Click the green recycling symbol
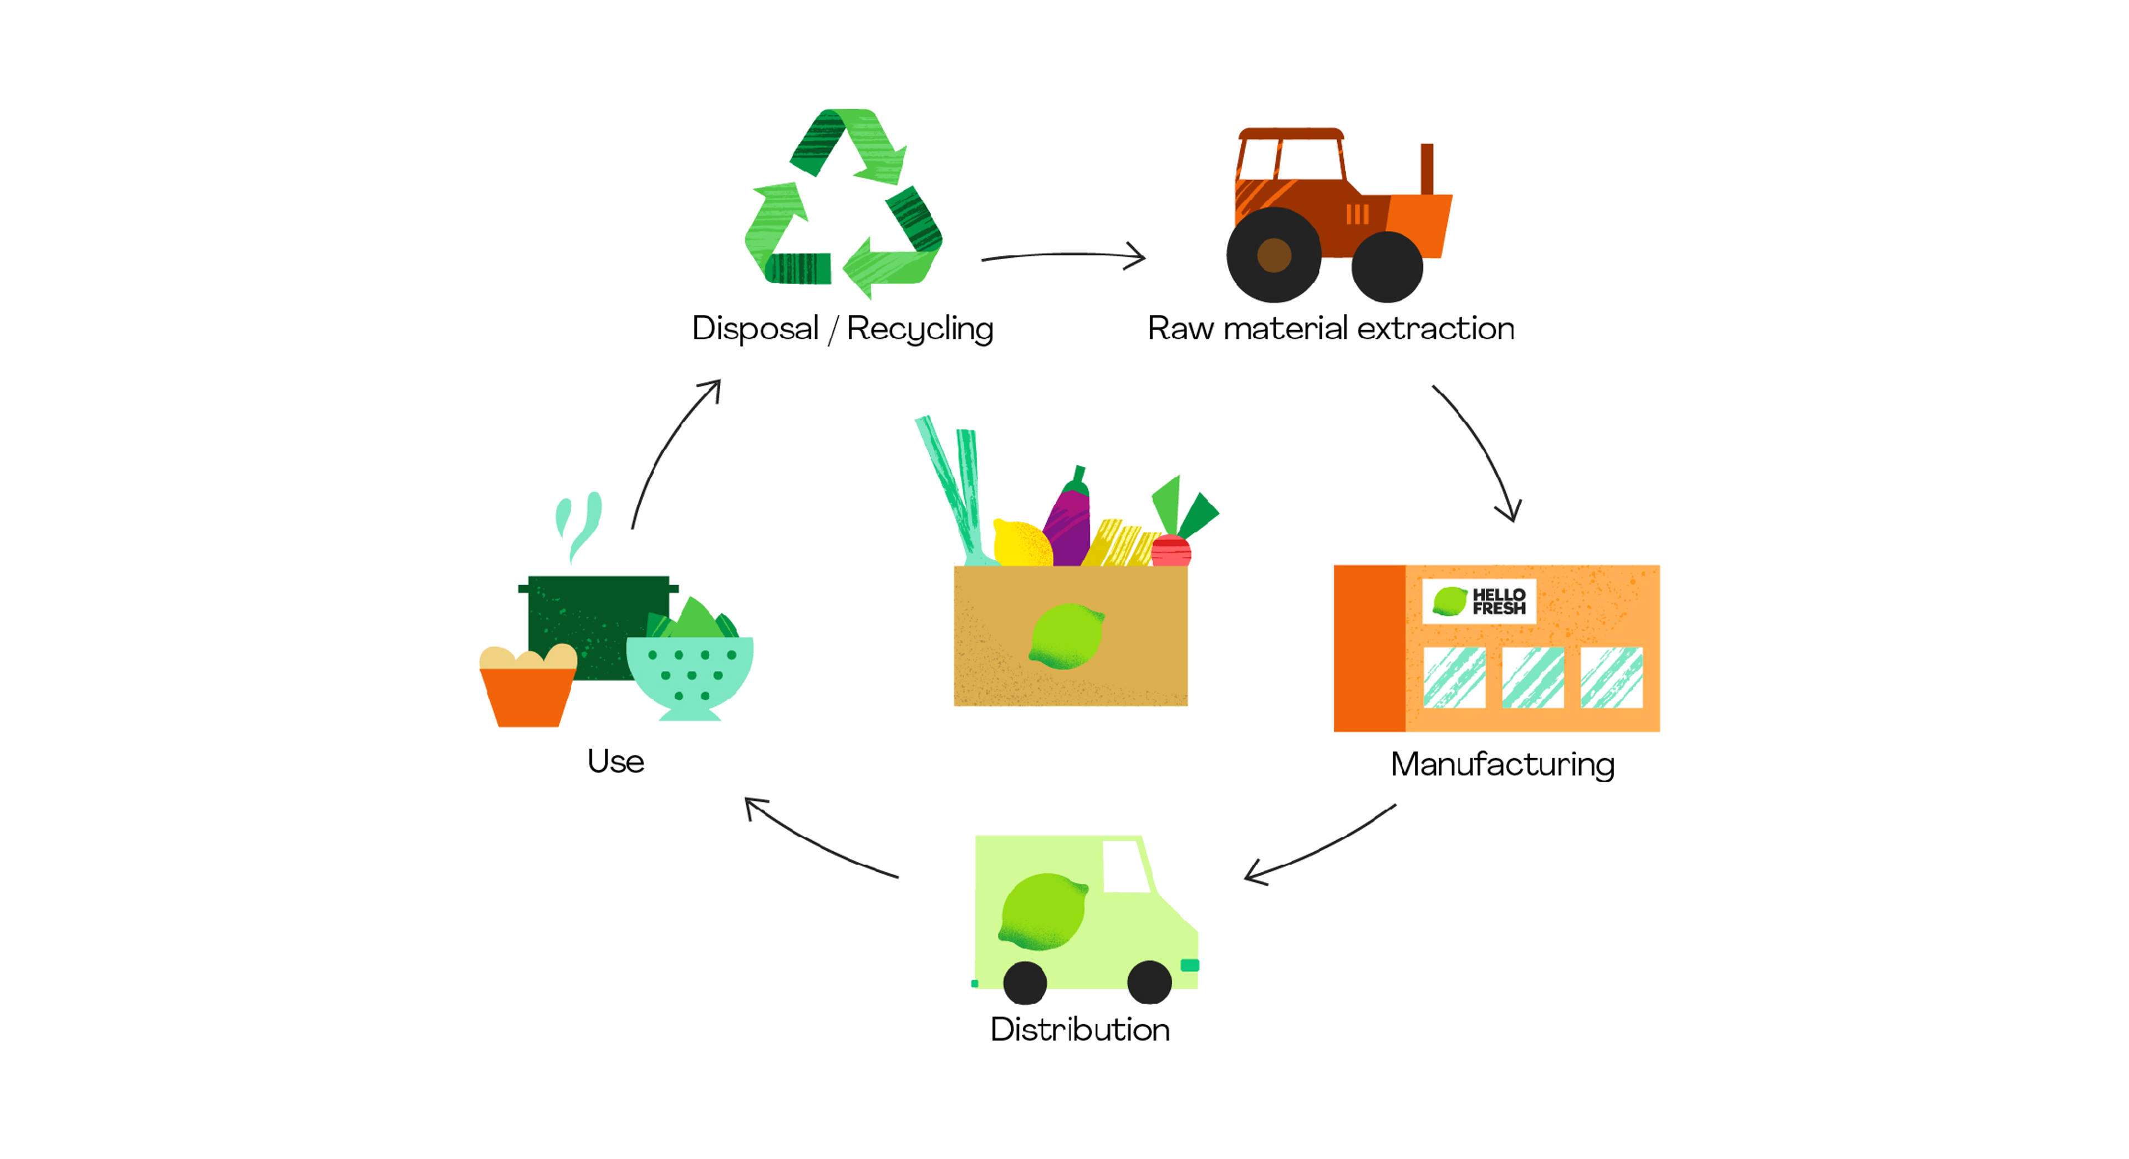coord(843,202)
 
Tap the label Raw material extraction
coord(1331,328)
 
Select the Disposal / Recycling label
coord(842,328)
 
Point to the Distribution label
coord(1079,1029)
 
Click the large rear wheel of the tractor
coord(1274,255)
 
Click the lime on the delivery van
coord(1043,912)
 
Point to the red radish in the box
coord(1170,551)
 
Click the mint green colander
coord(689,674)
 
